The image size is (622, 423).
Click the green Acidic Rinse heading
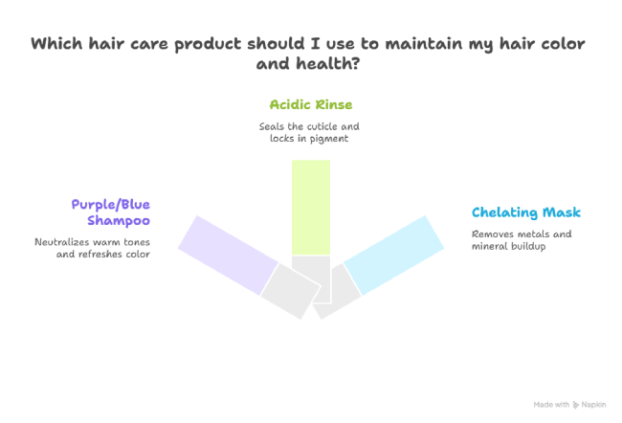(x=311, y=104)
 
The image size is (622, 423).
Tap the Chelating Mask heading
(x=526, y=212)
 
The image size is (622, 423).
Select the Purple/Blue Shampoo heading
(x=111, y=212)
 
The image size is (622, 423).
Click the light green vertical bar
(x=311, y=208)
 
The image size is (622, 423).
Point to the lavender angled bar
(x=228, y=256)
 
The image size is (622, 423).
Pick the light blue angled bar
(x=393, y=256)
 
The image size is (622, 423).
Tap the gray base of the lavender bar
(x=290, y=291)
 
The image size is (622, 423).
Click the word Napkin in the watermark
(x=593, y=405)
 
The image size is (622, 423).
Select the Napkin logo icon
(x=575, y=405)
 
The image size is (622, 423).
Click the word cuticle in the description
(x=322, y=126)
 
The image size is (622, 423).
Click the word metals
(x=536, y=234)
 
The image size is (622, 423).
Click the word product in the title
(x=208, y=44)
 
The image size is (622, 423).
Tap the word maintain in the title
(x=424, y=44)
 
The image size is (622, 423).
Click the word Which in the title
(x=56, y=43)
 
